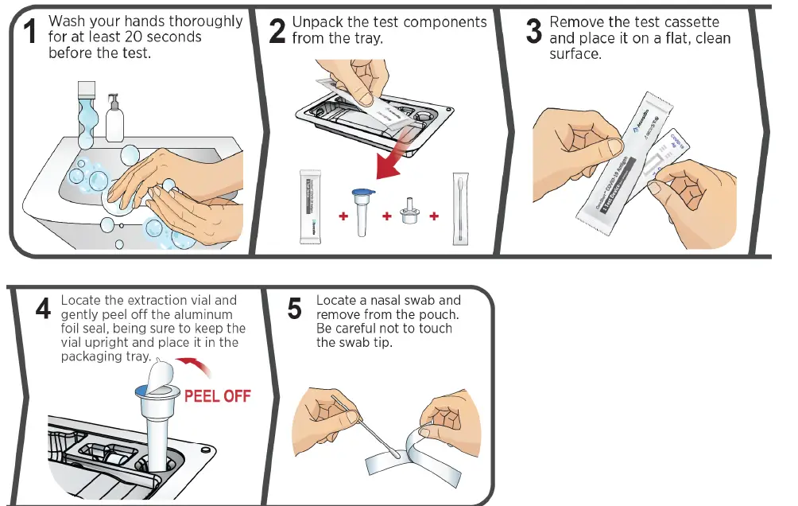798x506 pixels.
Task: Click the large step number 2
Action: pos(277,31)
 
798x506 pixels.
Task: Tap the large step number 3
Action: pos(533,31)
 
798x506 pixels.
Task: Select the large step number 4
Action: pos(44,309)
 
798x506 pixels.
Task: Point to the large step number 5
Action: pos(294,309)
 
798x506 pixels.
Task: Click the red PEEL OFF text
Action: pos(217,395)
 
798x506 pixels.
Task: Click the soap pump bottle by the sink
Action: pos(115,119)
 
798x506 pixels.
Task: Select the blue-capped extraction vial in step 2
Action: pos(362,208)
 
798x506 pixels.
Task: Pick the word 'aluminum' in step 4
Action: pos(212,314)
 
